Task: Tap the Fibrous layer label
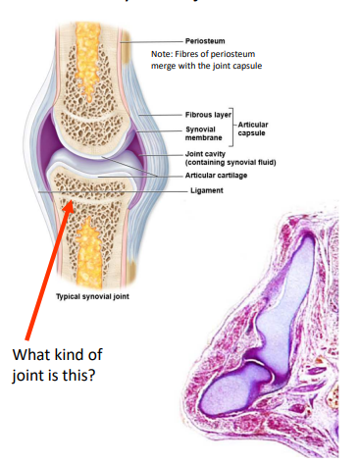205,116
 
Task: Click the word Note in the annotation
163,55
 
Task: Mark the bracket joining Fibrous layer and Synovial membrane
232,124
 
